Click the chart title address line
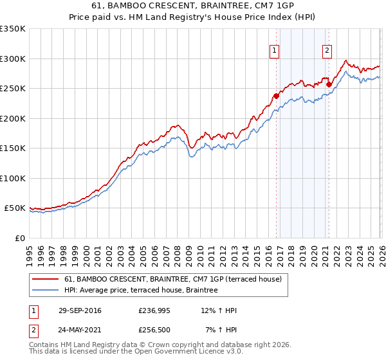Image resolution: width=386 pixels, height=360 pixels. click(193, 6)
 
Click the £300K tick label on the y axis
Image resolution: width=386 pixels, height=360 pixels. click(13, 59)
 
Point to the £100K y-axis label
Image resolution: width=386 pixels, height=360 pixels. click(13, 178)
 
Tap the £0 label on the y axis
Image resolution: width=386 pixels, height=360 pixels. click(19, 238)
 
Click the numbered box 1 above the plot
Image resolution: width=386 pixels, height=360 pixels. click(275, 51)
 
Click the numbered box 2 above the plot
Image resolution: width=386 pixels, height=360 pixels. click(327, 51)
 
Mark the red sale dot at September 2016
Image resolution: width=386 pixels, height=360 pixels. click(277, 96)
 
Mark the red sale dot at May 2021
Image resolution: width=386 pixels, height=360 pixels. click(329, 84)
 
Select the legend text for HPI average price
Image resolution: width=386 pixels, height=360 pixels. click(141, 291)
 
